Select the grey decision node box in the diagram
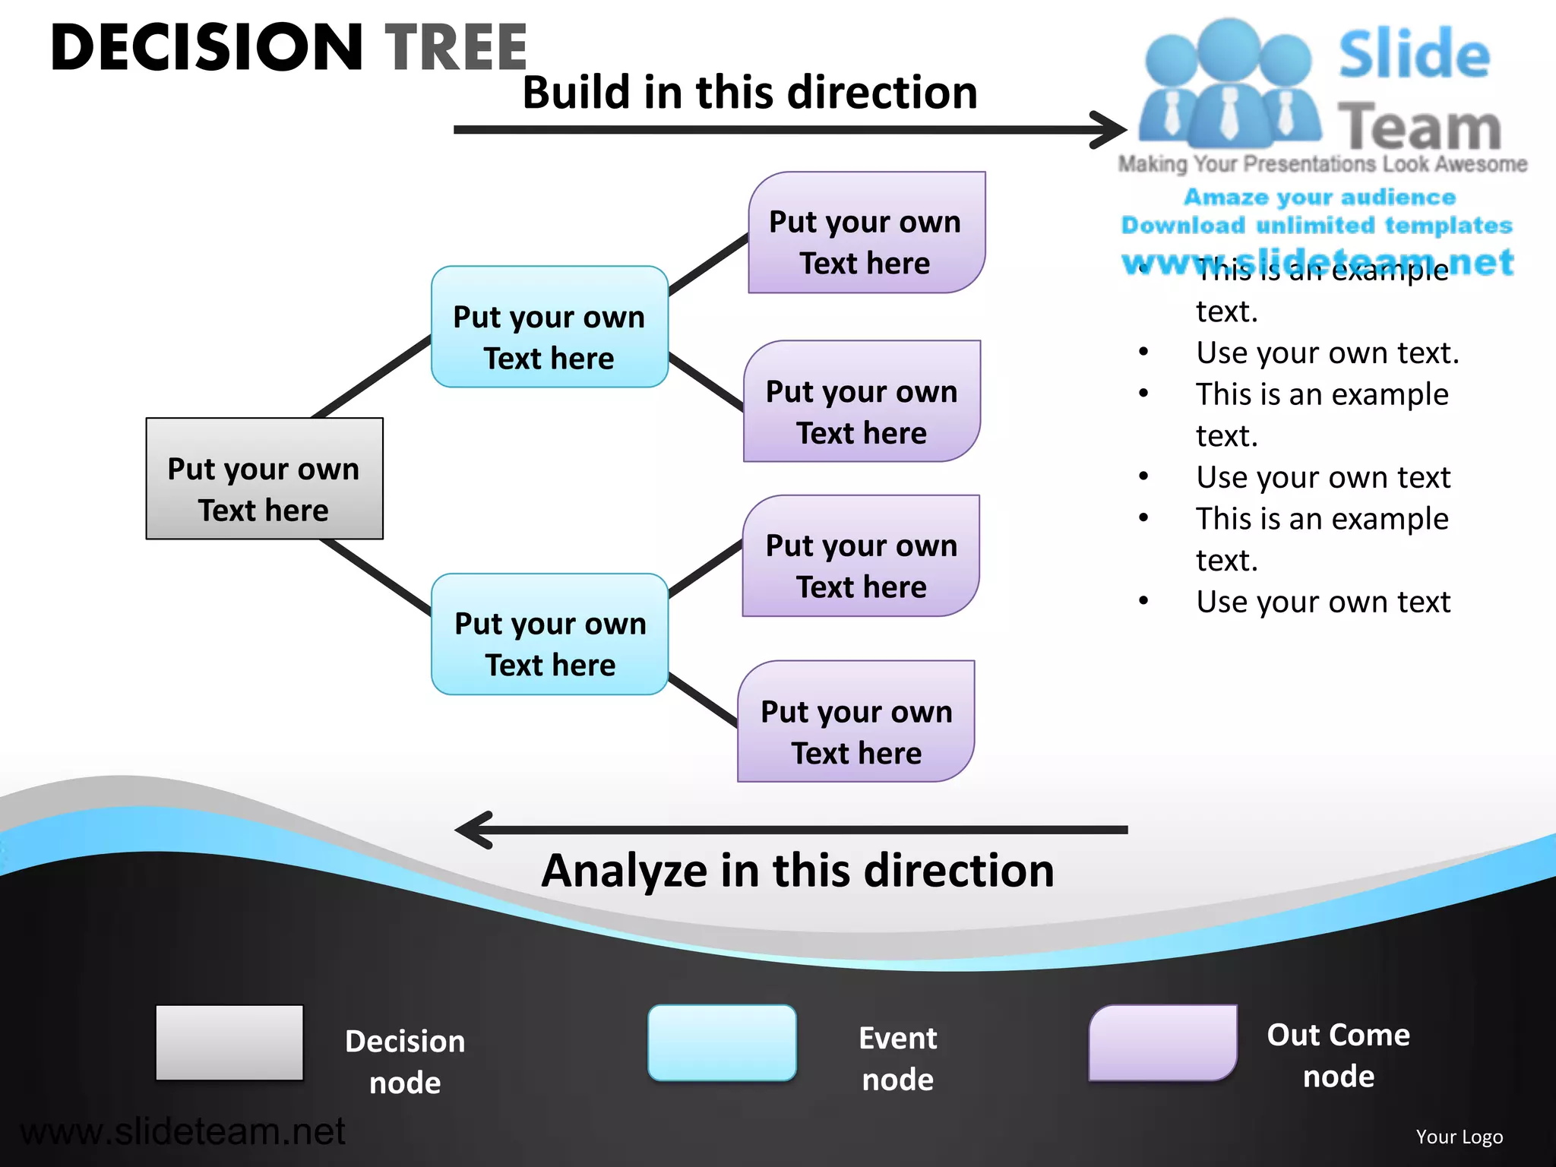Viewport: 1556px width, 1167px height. coord(264,479)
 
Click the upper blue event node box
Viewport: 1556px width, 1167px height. coord(549,327)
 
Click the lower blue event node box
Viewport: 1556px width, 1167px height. coord(549,634)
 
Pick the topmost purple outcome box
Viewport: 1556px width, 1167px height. coord(866,232)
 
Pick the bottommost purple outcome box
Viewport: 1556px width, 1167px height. coord(856,721)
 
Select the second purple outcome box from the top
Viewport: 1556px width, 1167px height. coord(862,401)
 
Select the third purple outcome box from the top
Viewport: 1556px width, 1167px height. coord(861,556)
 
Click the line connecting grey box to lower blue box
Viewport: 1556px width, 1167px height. coord(376,576)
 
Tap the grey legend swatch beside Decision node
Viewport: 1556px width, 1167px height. coord(229,1042)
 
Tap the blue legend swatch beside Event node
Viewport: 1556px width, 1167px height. coord(722,1042)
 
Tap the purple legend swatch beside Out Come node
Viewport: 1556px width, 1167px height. coord(1162,1042)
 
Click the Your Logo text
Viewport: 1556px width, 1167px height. coord(1459,1137)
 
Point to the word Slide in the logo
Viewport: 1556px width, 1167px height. coord(1413,55)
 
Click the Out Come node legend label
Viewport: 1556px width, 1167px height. coord(1338,1055)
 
